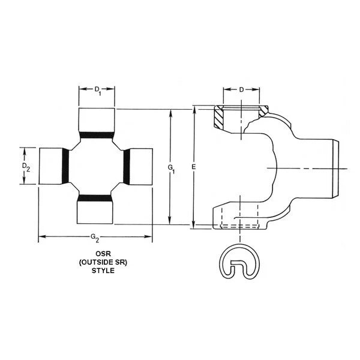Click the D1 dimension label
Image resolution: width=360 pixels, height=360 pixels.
[x=97, y=91]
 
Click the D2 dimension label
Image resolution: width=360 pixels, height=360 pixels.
[x=25, y=166]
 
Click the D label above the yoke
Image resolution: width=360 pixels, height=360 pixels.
[x=241, y=90]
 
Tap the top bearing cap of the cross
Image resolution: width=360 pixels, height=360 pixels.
[x=97, y=119]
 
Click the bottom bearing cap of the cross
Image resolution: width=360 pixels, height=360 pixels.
[x=95, y=211]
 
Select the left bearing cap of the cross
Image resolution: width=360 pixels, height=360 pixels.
[x=50, y=165]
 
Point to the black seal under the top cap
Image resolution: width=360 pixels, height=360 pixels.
[x=97, y=134]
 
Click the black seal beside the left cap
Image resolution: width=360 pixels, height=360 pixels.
[x=66, y=165]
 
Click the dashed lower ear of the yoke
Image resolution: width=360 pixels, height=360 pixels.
[x=239, y=218]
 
